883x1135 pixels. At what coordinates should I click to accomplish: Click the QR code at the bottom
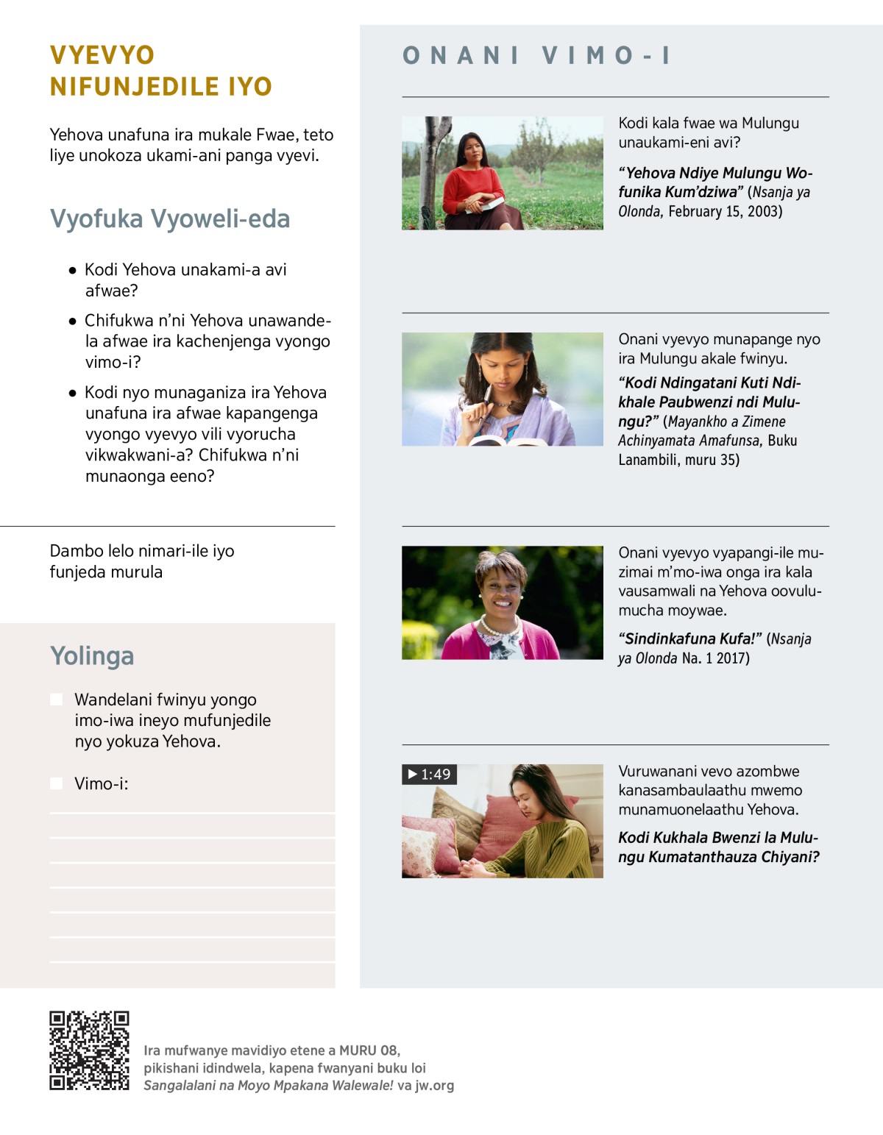pyautogui.click(x=89, y=1050)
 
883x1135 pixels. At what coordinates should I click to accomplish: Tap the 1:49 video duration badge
pyautogui.click(x=429, y=775)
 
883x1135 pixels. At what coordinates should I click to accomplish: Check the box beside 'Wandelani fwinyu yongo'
pyautogui.click(x=57, y=700)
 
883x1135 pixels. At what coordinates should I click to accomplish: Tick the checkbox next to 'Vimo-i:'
pyautogui.click(x=57, y=783)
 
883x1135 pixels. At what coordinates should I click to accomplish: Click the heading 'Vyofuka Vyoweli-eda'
pyautogui.click(x=170, y=219)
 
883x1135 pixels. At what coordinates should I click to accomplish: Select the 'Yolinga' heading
pyautogui.click(x=92, y=655)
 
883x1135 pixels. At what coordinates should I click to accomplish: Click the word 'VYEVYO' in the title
pyautogui.click(x=102, y=55)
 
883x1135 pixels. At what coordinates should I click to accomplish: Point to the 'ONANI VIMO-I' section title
pyautogui.click(x=536, y=55)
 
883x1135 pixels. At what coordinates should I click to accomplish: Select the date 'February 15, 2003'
pyautogui.click(x=725, y=212)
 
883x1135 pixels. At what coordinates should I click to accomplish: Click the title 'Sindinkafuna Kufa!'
pyautogui.click(x=690, y=638)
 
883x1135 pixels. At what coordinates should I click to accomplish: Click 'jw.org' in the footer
pyautogui.click(x=434, y=1086)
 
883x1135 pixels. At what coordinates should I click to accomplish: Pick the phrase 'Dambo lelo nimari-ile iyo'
pyautogui.click(x=142, y=551)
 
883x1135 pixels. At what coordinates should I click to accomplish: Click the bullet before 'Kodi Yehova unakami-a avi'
pyautogui.click(x=72, y=271)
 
